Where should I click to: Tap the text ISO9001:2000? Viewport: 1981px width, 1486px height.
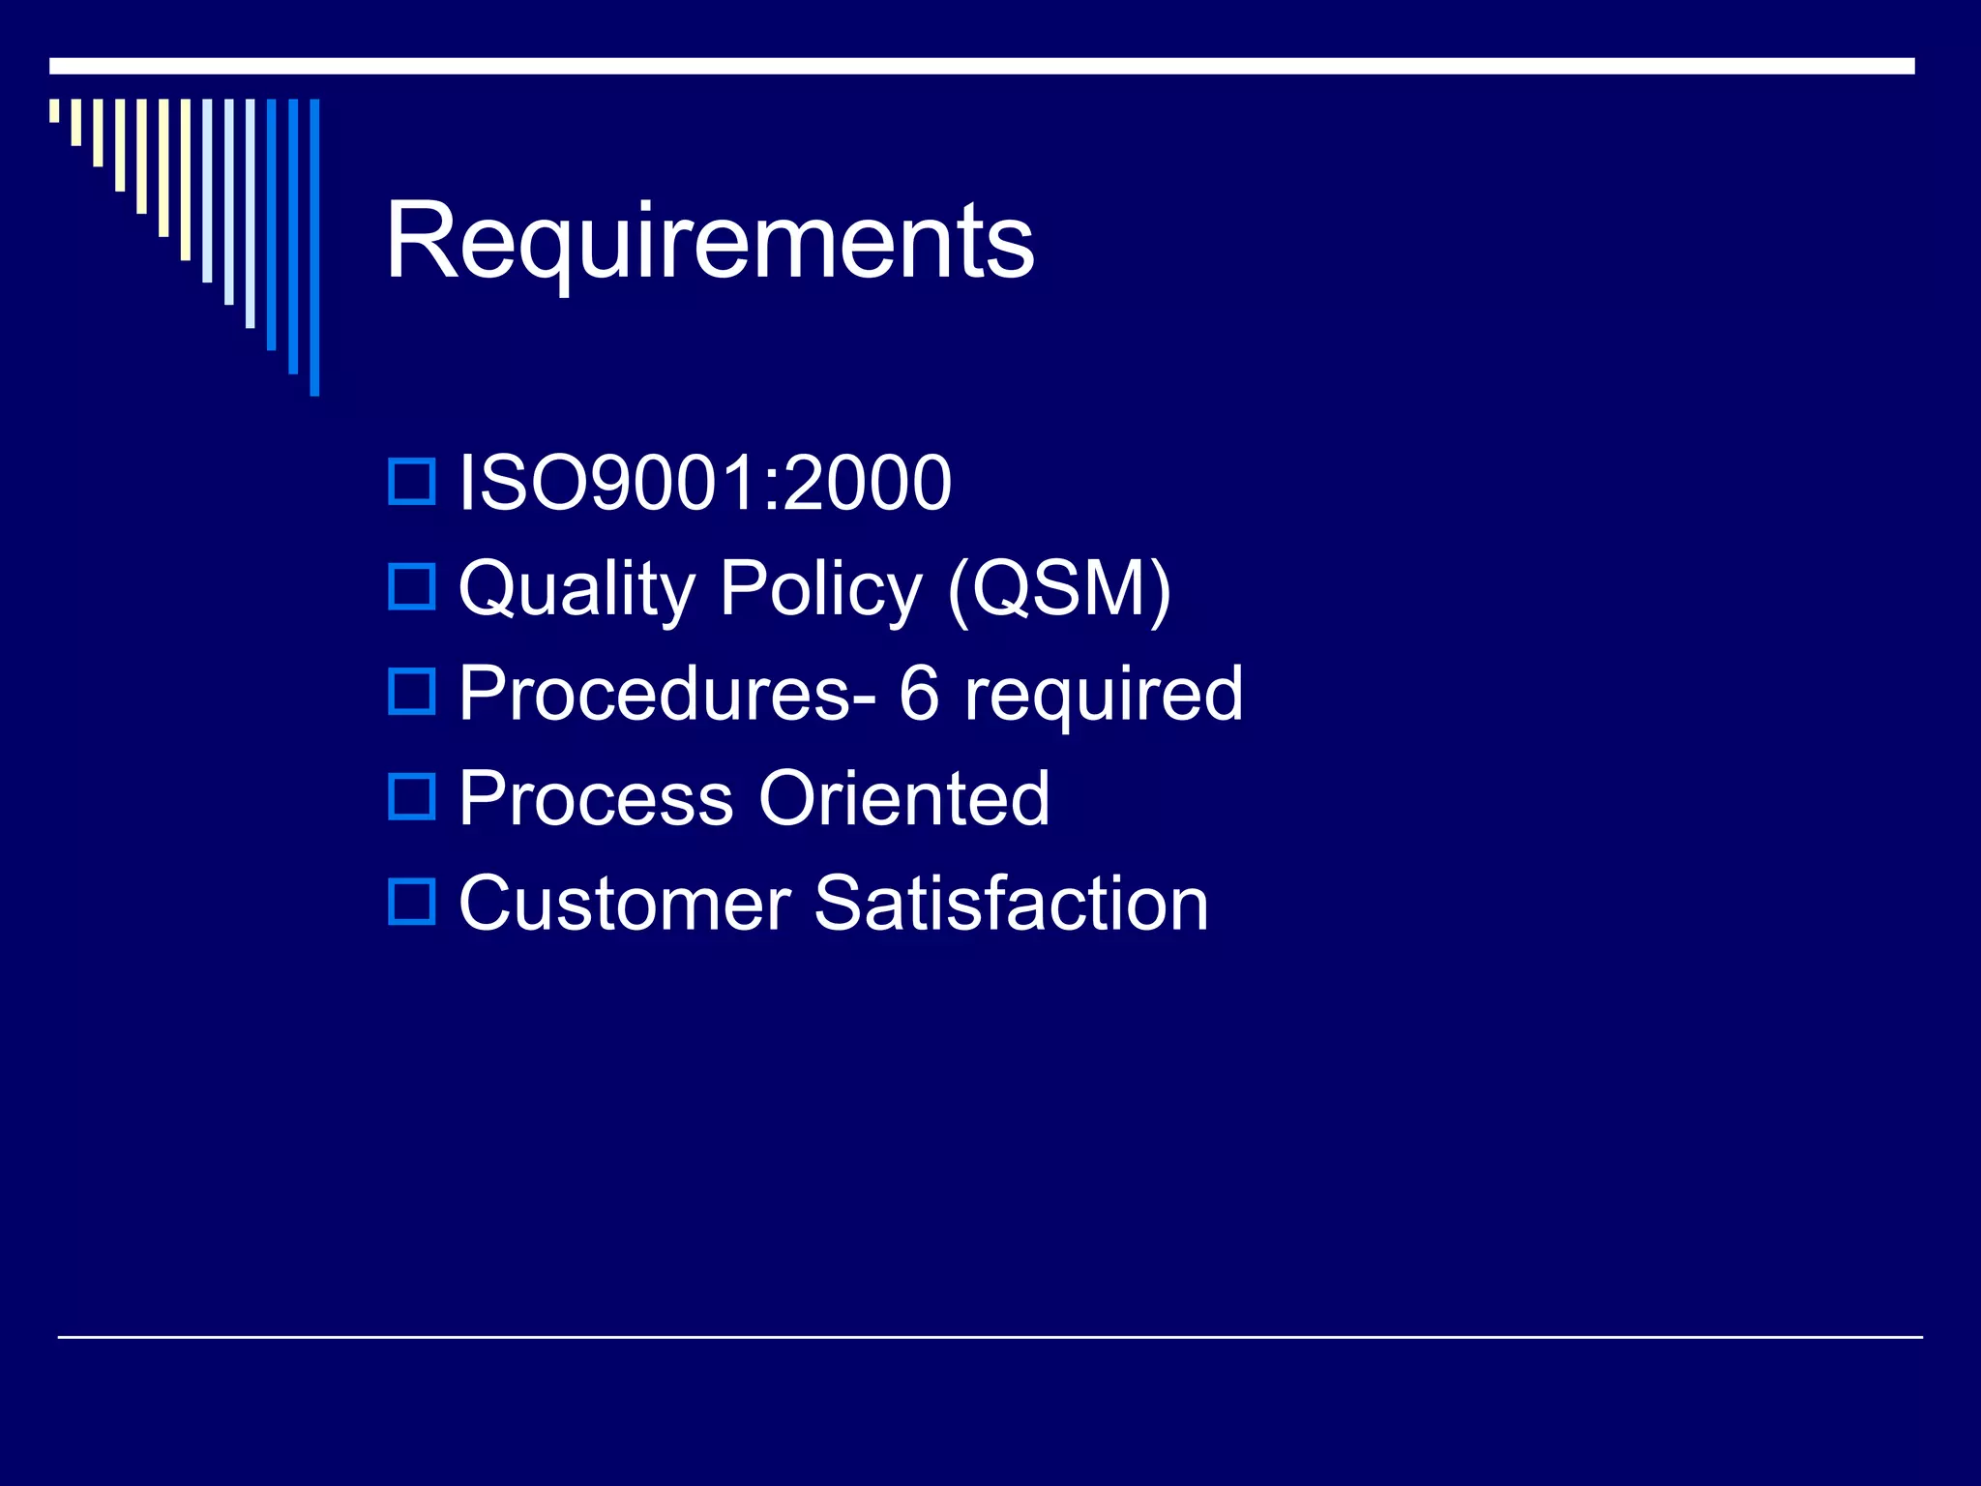704,483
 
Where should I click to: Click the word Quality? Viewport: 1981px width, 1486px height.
577,588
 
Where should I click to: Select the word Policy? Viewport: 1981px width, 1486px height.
820,588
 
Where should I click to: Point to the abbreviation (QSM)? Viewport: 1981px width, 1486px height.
1059,588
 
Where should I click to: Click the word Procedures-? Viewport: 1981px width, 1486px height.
667,693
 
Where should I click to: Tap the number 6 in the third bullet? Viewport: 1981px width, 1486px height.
919,693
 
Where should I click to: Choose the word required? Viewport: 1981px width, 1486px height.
1104,695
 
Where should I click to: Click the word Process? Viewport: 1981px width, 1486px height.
596,798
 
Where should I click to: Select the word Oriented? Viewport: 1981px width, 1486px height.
904,798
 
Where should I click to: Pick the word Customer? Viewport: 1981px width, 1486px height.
625,904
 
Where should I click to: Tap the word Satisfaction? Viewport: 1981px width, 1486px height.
1012,904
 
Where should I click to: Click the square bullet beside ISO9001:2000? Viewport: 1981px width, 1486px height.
412,482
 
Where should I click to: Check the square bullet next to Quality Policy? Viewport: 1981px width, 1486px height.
412,587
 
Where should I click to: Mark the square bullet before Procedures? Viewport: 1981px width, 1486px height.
412,692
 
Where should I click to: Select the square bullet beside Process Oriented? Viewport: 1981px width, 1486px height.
412,796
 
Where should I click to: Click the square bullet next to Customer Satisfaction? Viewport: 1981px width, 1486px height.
412,902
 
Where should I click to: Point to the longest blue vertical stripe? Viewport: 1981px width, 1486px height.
314,247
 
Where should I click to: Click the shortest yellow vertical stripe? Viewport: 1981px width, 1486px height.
54,110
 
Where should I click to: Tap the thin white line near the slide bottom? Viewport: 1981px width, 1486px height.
990,1337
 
